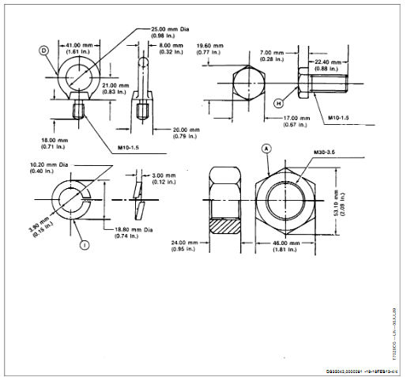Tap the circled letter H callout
(x=278, y=103)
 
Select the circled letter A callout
(x=266, y=148)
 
